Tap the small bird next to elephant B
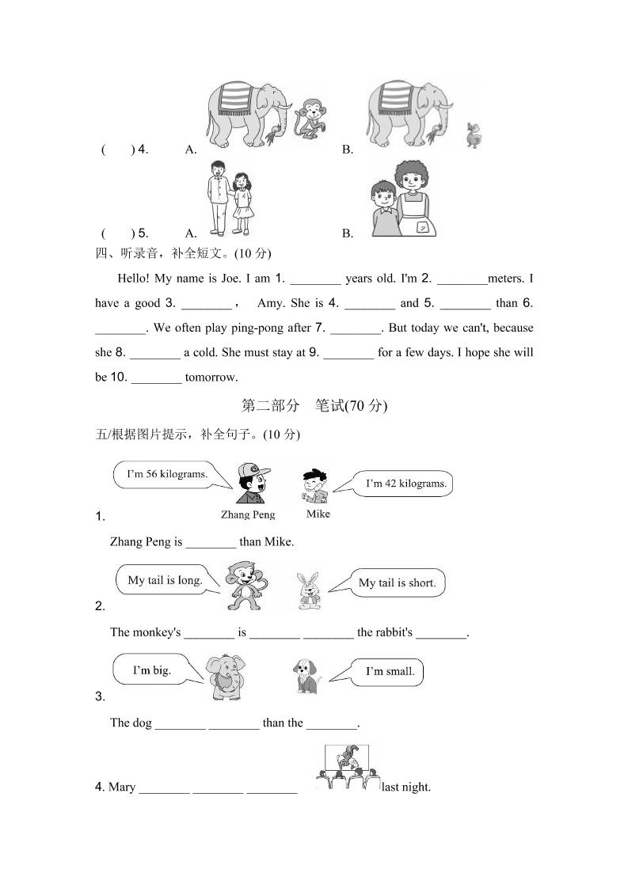click(474, 136)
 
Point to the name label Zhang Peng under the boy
click(249, 514)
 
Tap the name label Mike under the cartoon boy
click(318, 514)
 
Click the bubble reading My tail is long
click(164, 580)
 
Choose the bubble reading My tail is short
click(396, 583)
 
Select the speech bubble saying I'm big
click(150, 670)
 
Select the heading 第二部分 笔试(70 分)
click(314, 406)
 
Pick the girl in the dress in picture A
click(242, 202)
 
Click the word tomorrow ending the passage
click(211, 377)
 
